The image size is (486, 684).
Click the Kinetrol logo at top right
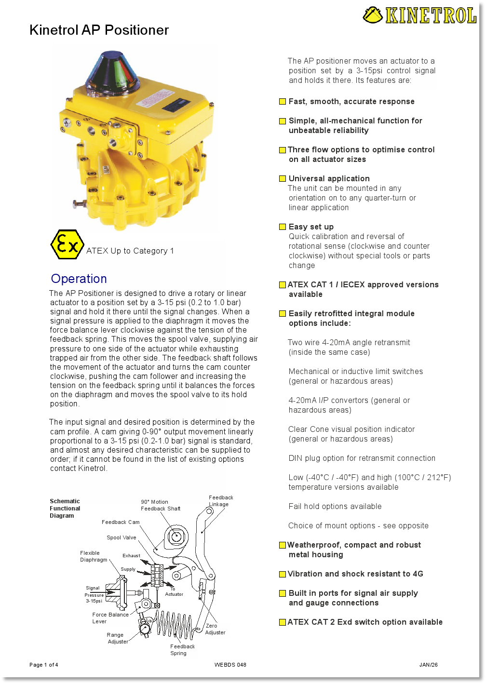tap(419, 15)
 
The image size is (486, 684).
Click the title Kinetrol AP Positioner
tap(99, 30)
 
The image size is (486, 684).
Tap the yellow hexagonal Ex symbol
tap(67, 245)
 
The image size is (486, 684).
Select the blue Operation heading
tap(79, 279)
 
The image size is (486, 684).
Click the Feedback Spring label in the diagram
tap(182, 650)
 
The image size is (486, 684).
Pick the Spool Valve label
tap(121, 537)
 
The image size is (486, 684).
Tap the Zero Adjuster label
tap(215, 629)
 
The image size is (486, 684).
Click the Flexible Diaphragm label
tap(94, 556)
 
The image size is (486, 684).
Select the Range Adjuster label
tap(118, 638)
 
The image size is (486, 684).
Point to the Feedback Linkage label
tap(221, 501)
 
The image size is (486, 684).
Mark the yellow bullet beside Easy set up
tap(283, 227)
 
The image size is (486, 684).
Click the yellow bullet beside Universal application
tap(283, 179)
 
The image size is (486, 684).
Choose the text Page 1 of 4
tap(43, 665)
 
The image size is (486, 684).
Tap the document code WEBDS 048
tap(230, 665)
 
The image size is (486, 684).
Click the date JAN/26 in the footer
tap(428, 665)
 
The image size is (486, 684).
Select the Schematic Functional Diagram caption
tap(65, 509)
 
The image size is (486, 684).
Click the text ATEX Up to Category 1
tap(130, 251)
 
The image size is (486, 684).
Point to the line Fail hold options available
tap(335, 506)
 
